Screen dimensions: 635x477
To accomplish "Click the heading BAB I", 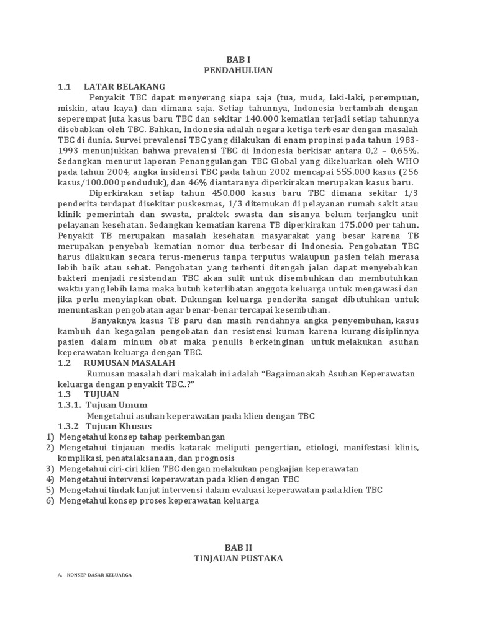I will pyautogui.click(x=238, y=59).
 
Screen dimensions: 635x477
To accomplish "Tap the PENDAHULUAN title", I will pyautogui.click(x=238, y=71).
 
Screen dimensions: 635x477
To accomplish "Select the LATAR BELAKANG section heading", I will pyautogui.click(x=124, y=86).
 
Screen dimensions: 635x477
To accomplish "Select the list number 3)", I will pyautogui.click(x=50, y=469).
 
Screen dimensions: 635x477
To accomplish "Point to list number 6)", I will pyautogui.click(x=50, y=501).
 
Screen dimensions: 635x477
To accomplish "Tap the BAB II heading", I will pyautogui.click(x=238, y=546).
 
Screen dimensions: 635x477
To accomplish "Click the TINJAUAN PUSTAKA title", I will pyautogui.click(x=238, y=558).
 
